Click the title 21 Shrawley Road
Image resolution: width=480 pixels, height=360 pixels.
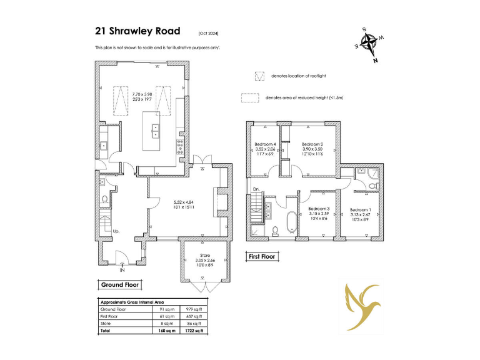pos(137,31)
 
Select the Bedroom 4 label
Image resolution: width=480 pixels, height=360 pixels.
pos(266,144)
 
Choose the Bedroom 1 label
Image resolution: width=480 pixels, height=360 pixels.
pos(360,209)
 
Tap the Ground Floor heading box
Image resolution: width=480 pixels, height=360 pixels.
pos(120,285)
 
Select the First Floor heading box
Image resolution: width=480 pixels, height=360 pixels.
pos(262,256)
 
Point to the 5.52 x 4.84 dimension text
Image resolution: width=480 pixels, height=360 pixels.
pos(184,202)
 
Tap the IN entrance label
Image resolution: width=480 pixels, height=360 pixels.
pos(122,271)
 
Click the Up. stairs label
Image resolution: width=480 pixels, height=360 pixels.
pos(116,231)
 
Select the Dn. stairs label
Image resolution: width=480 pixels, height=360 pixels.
pos(256,188)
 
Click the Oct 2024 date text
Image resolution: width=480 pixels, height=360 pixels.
pos(209,32)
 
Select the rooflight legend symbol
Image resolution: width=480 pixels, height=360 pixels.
pos(258,76)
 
